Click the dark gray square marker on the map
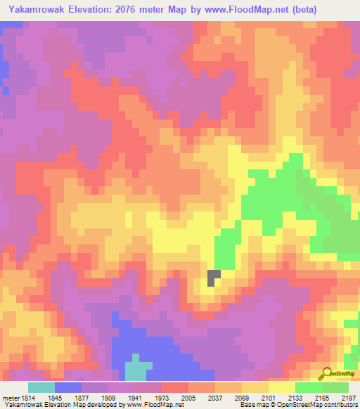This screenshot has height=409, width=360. [x=214, y=278]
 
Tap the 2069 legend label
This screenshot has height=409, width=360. [x=240, y=398]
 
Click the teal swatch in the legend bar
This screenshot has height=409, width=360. [x=41, y=387]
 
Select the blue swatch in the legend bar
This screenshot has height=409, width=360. [x=68, y=387]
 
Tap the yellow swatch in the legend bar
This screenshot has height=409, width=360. [x=282, y=387]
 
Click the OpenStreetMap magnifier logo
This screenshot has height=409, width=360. [x=326, y=373]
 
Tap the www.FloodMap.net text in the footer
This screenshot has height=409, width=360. [x=148, y=405]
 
